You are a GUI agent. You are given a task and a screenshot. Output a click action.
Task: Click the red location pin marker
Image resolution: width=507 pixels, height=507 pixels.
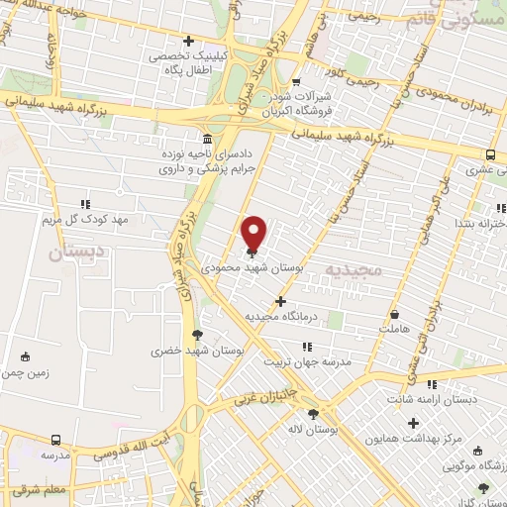(253, 232)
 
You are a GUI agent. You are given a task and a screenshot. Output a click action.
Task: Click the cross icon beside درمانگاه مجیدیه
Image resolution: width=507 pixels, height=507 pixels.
(281, 300)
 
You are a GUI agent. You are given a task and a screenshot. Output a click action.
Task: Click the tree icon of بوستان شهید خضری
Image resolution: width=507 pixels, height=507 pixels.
(197, 335)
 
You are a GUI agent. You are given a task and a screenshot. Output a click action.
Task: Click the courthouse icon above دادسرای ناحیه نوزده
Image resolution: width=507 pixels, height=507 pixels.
(206, 138)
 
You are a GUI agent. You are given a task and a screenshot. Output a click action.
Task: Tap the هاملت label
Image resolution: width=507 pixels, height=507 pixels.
(393, 327)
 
